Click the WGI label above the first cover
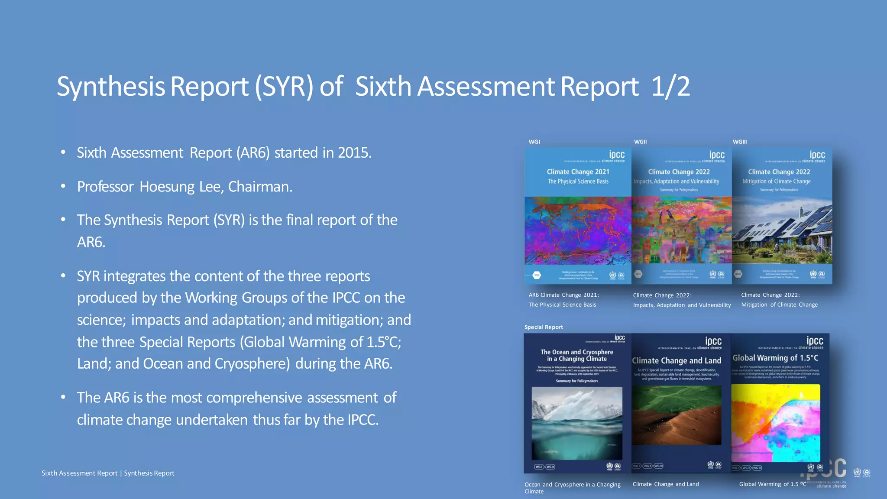click(534, 142)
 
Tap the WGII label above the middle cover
click(640, 142)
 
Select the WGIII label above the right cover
click(740, 142)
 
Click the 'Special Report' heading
click(544, 327)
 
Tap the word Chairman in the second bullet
click(259, 187)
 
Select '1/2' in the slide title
click(670, 86)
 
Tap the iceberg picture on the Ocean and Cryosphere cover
click(577, 422)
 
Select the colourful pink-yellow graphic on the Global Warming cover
click(775, 422)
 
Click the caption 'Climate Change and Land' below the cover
click(666, 484)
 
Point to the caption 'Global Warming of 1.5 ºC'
click(772, 484)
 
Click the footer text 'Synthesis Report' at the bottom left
click(149, 473)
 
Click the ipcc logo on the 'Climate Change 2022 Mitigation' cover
click(817, 155)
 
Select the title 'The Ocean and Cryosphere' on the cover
click(576, 352)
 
